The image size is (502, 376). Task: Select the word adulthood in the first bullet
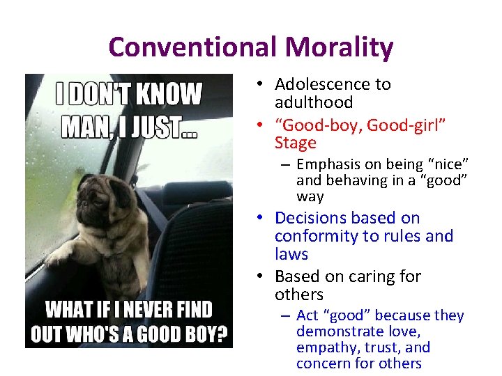[x=314, y=102]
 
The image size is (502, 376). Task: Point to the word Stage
[x=296, y=143]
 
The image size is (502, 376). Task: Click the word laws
[x=291, y=254]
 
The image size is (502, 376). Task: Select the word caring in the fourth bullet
[x=355, y=276]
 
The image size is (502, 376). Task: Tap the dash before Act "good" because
[x=286, y=316]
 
